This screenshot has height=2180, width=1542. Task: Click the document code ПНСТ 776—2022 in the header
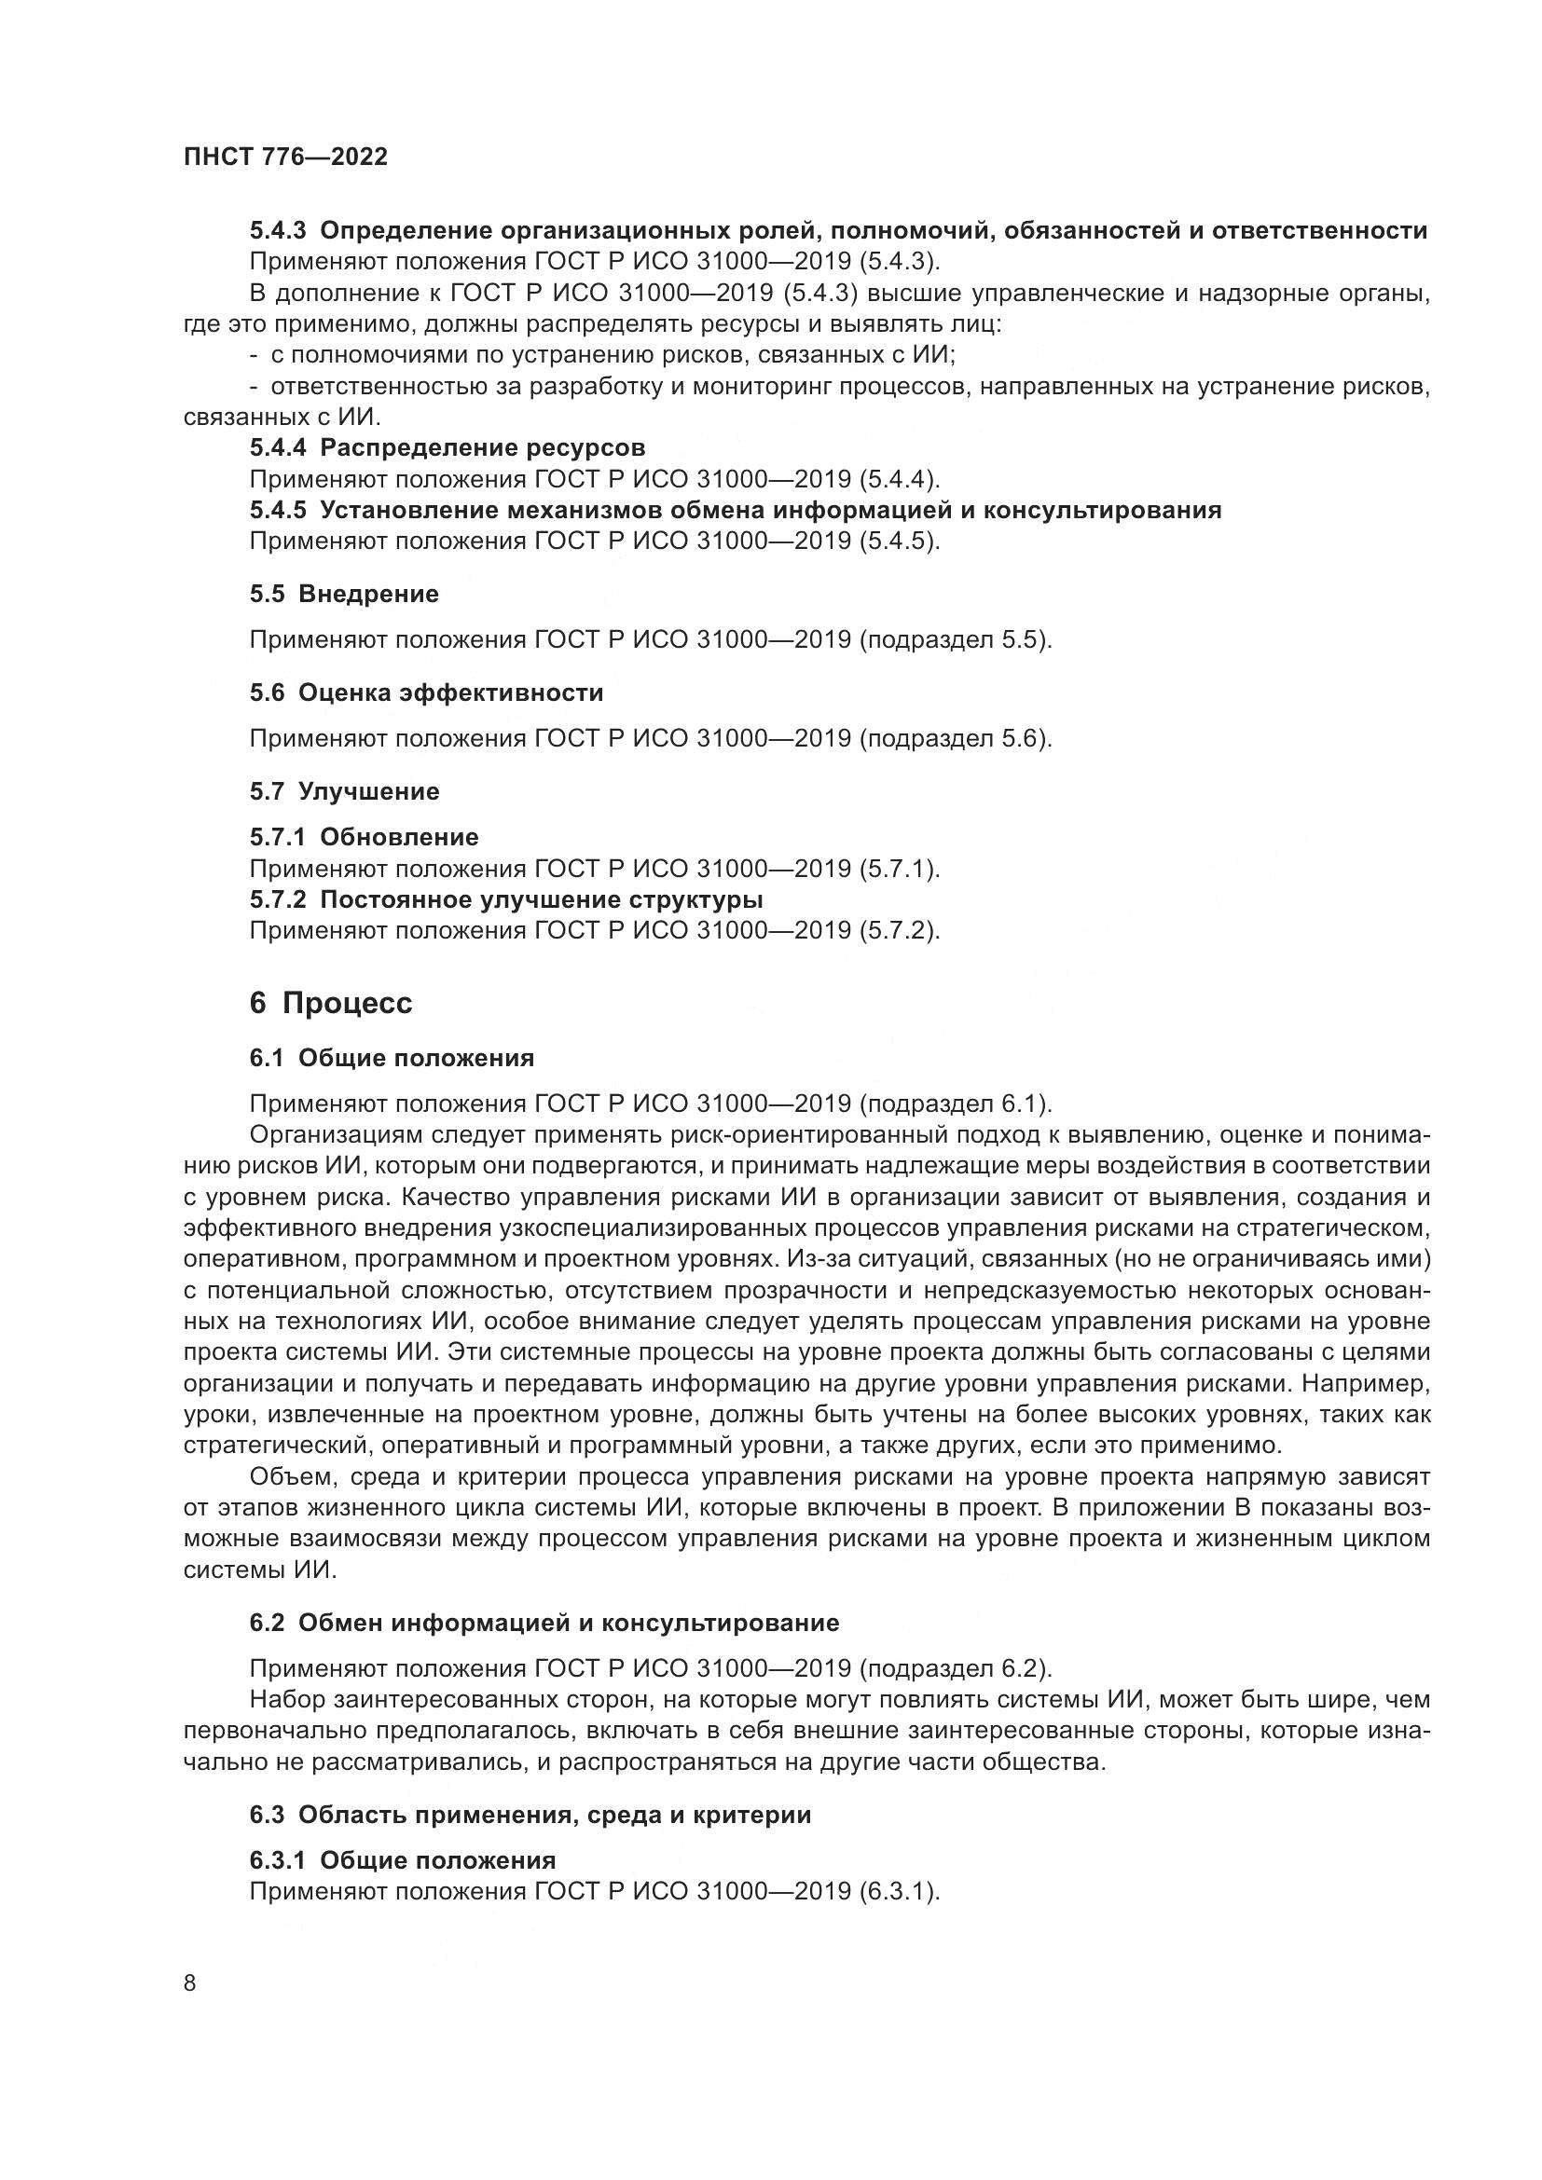(285, 158)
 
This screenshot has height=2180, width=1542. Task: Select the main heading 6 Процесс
(330, 1004)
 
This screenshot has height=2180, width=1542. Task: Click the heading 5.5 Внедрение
(344, 595)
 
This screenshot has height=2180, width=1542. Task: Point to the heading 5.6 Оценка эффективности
(426, 693)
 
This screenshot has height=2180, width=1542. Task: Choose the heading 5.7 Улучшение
(344, 792)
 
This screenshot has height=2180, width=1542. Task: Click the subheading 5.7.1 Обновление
(364, 838)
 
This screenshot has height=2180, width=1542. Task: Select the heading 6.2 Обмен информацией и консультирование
(544, 1623)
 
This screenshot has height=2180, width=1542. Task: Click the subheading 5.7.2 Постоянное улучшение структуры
(506, 899)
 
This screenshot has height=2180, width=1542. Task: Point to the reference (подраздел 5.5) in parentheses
(957, 640)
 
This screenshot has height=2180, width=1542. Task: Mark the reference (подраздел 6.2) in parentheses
(957, 1668)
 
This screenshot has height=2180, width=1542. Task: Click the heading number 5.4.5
(278, 511)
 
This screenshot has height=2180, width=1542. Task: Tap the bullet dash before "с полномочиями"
(255, 356)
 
